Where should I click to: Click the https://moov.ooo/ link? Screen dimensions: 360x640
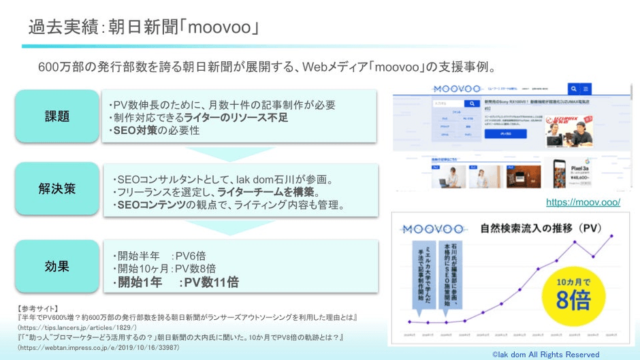point(583,202)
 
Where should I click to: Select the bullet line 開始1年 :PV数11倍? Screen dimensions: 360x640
point(176,282)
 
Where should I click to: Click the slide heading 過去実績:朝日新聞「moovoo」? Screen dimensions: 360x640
point(143,28)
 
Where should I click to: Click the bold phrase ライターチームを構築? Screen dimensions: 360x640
point(261,193)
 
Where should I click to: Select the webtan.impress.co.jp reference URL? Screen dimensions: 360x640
point(99,347)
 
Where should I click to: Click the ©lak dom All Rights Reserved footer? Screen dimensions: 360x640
point(546,355)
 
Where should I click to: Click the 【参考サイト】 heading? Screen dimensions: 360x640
point(38,308)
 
